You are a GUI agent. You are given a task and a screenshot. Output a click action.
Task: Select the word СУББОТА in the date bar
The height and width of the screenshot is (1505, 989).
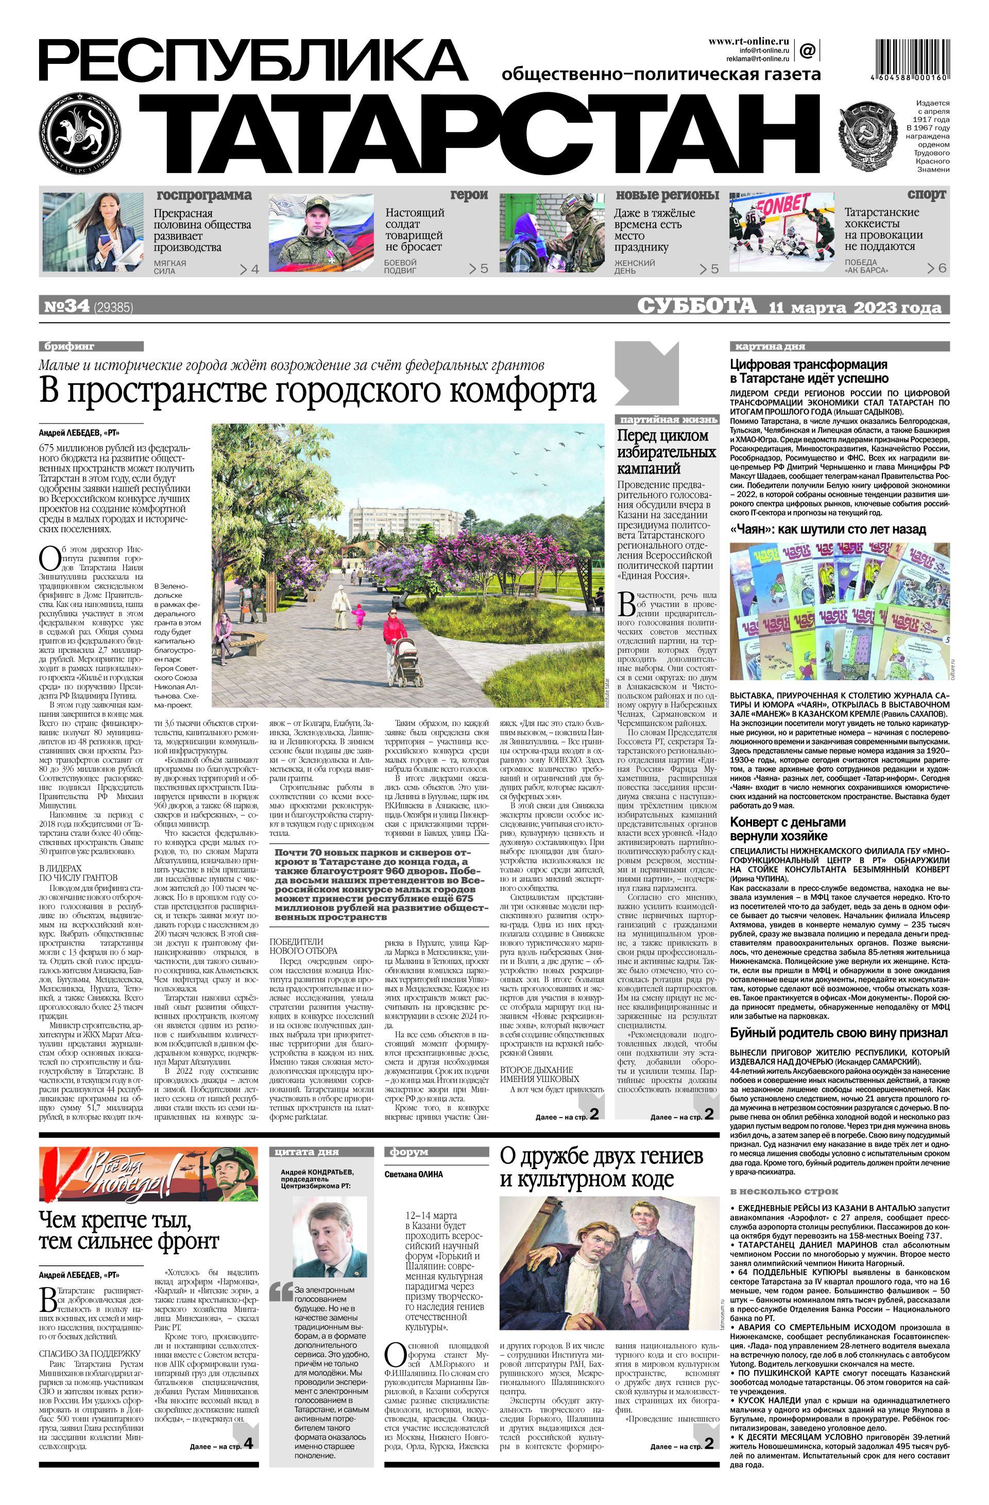tap(696, 306)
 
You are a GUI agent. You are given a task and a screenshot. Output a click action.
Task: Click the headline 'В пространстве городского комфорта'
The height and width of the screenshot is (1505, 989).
tap(318, 390)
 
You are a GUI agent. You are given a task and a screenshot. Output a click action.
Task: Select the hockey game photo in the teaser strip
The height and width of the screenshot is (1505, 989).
tap(783, 233)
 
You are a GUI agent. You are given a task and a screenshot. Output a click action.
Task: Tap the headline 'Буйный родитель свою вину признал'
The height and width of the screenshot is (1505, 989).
tap(839, 1033)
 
